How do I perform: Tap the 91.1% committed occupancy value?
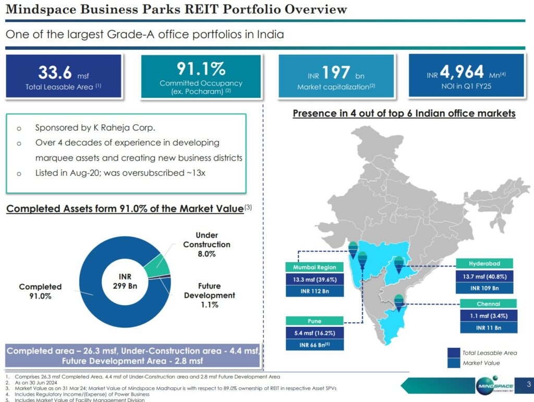tap(201, 68)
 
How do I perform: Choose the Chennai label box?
tap(488, 303)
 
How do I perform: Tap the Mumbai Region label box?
tap(314, 267)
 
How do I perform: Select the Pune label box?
tap(314, 321)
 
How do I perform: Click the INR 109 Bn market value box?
tap(485, 288)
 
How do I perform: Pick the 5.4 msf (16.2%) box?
tap(314, 333)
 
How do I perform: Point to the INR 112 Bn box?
tap(314, 291)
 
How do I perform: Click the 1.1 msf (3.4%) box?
tap(488, 315)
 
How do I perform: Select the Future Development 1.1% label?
tap(209, 295)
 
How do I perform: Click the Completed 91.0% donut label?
tap(40, 291)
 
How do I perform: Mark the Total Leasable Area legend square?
tap(454, 353)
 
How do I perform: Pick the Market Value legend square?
tap(454, 363)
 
